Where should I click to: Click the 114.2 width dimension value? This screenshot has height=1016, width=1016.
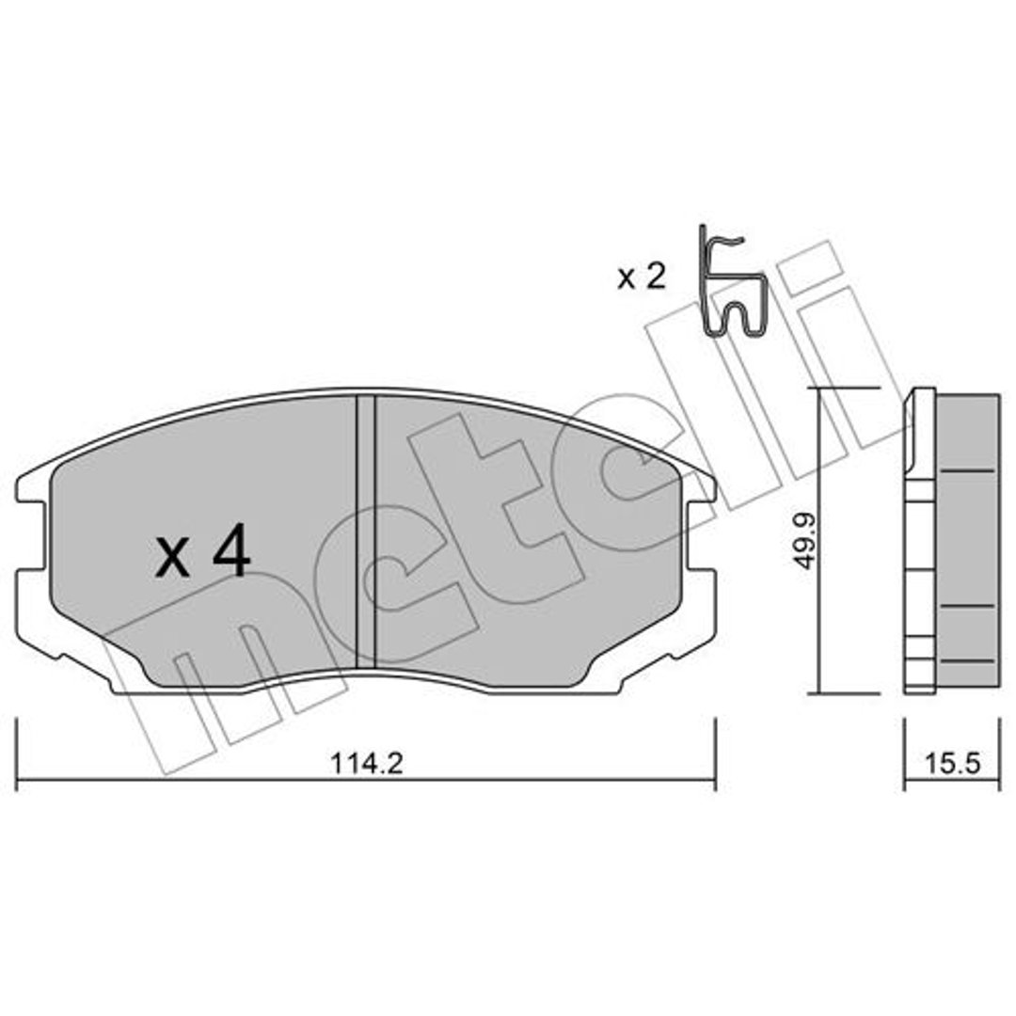[x=367, y=763]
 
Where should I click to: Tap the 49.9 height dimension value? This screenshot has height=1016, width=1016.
[x=805, y=540]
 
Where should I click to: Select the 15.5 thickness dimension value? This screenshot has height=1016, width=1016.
[x=952, y=763]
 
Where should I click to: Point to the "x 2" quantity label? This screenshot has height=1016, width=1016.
[x=641, y=277]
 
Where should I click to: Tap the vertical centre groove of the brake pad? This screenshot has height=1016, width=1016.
[x=366, y=532]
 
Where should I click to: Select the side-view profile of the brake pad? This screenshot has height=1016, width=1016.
[x=951, y=541]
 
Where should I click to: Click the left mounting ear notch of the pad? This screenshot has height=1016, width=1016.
[x=30, y=534]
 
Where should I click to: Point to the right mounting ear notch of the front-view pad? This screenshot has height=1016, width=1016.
[x=703, y=534]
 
